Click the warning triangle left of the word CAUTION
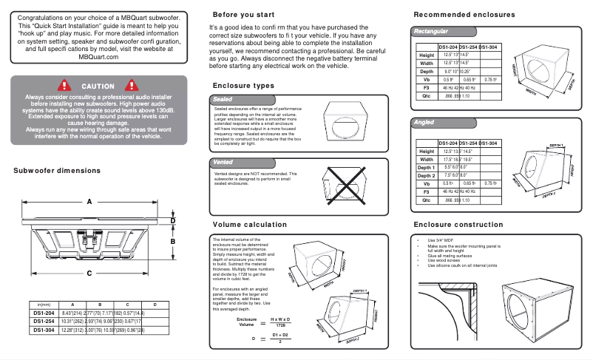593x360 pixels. (64, 86)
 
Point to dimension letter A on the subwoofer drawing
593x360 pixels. (89, 201)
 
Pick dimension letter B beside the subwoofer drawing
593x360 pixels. (173, 241)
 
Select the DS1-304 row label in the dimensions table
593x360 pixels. (43, 330)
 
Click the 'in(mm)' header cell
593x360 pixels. (43, 305)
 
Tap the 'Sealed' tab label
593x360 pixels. (223, 98)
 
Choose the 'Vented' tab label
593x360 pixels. (223, 161)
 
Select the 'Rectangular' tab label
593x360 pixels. (432, 32)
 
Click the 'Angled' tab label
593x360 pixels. (424, 123)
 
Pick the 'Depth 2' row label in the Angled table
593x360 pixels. (426, 176)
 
